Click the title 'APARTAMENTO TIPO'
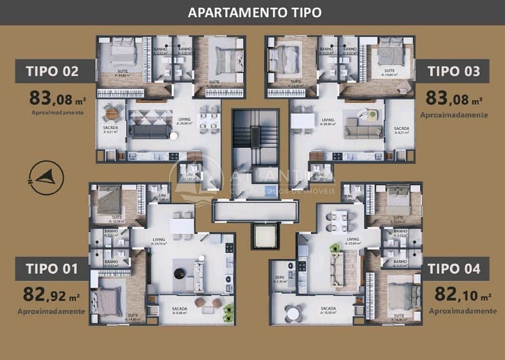255,12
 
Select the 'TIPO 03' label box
453,71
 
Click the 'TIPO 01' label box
51,269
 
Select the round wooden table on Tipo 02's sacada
112,114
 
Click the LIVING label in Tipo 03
328,120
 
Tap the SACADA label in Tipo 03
401,129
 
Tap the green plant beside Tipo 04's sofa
335,247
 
